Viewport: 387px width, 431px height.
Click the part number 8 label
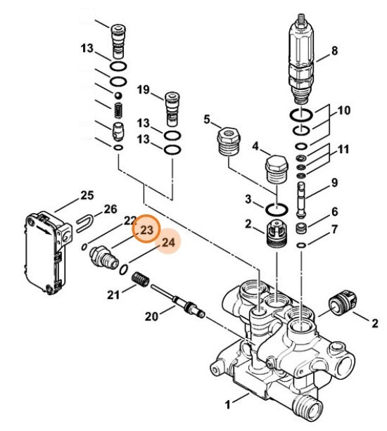335,51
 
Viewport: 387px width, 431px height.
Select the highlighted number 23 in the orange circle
147,231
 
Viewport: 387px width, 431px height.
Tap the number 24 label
168,243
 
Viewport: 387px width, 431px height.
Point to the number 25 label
87,195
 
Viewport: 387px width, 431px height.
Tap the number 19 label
144,90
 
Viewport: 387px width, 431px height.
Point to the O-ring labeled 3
277,208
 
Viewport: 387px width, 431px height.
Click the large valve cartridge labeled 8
300,60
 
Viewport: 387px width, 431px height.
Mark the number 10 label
344,111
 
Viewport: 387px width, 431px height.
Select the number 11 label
343,150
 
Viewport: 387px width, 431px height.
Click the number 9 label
335,183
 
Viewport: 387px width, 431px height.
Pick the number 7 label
335,230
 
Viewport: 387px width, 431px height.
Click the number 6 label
335,212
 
